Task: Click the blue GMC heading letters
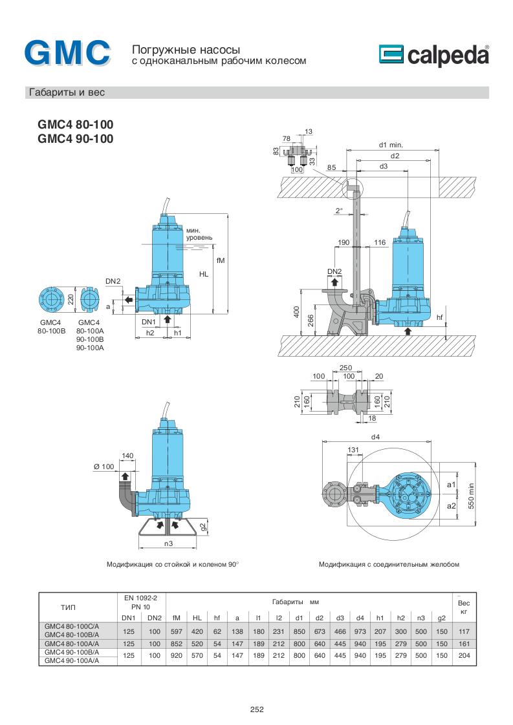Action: pyautogui.click(x=67, y=54)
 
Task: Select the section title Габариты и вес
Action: pyautogui.click(x=66, y=92)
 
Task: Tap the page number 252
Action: pyautogui.click(x=257, y=709)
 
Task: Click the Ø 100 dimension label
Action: pyautogui.click(x=104, y=467)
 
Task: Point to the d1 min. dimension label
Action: pyautogui.click(x=391, y=145)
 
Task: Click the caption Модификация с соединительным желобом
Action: pyautogui.click(x=389, y=564)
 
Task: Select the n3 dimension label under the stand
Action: pyautogui.click(x=169, y=543)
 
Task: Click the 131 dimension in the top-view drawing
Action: pyautogui.click(x=353, y=450)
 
